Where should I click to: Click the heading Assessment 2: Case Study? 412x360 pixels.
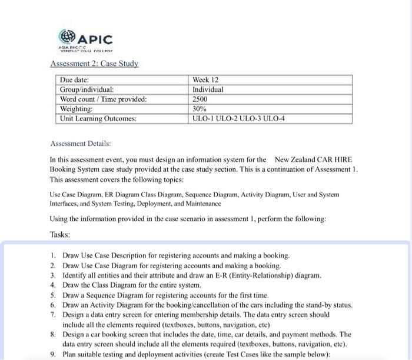[x=94, y=64]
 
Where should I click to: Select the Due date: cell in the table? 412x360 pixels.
[x=75, y=80]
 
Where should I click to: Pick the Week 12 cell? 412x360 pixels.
[x=205, y=80]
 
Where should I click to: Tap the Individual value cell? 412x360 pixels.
[x=208, y=89]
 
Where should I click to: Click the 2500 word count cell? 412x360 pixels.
[x=201, y=99]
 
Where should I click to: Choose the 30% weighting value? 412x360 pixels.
[x=200, y=109]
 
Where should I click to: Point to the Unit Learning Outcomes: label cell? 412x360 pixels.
[x=98, y=118]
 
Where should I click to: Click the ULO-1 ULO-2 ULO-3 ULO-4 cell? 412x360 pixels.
[x=238, y=118]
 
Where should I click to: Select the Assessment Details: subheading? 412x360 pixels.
[x=81, y=144]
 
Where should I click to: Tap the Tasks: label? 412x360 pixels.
[x=60, y=234]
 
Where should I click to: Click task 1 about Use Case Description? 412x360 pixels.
[x=176, y=255]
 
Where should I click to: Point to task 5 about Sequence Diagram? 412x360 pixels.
[x=165, y=295]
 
